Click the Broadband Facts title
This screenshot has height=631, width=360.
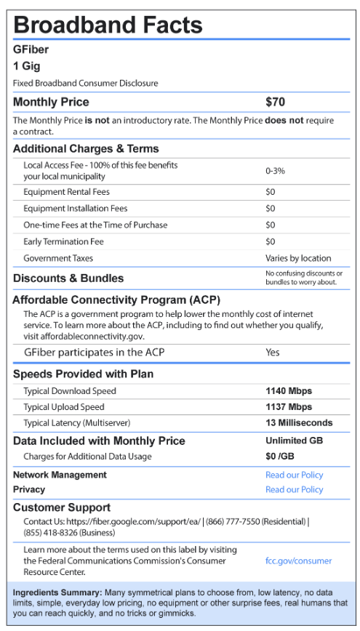click(108, 25)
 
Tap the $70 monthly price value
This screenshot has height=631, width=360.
click(276, 102)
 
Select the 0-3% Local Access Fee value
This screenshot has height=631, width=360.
click(275, 171)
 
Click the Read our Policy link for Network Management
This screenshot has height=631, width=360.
click(294, 475)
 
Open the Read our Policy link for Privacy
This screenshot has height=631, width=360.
click(294, 489)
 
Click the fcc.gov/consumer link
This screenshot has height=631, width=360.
click(298, 560)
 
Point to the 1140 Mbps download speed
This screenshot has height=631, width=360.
click(289, 391)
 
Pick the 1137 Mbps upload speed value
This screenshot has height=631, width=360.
click(289, 407)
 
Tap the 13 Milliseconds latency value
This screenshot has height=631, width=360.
click(299, 422)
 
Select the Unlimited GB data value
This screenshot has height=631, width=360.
click(294, 441)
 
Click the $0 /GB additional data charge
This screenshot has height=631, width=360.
click(281, 457)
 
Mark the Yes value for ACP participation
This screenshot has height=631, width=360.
click(273, 353)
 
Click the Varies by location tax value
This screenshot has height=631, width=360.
click(298, 258)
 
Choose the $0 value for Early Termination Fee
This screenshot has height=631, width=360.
click(271, 241)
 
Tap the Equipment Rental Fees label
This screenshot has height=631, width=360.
click(65, 192)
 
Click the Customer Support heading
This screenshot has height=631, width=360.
click(62, 507)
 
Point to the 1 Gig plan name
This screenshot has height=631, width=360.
click(25, 66)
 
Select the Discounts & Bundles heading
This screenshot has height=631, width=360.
click(68, 278)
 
